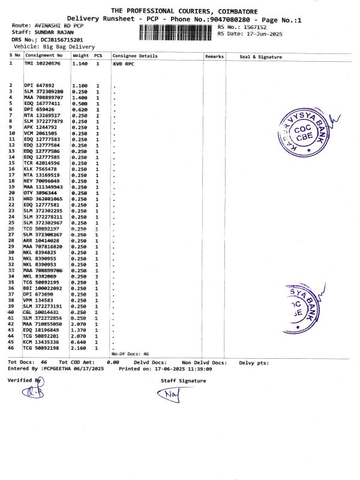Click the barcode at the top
[176, 32]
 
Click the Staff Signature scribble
[172, 394]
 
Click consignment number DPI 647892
[39, 85]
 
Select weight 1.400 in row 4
[79, 97]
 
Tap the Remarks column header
[214, 56]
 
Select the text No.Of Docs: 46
[130, 354]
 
